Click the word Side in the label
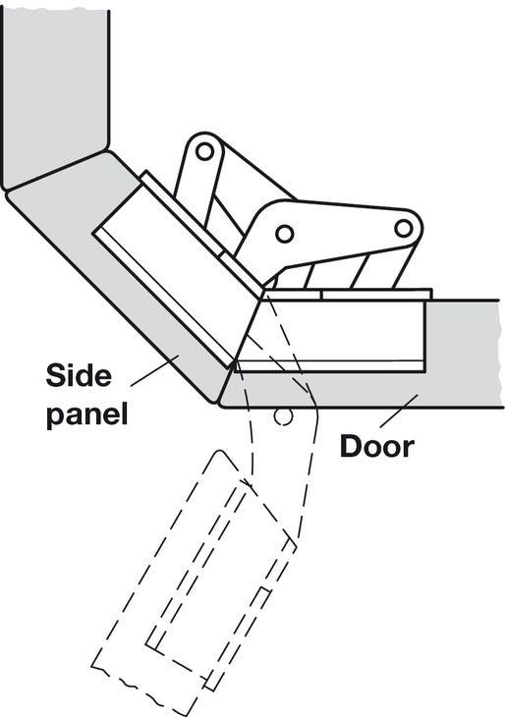[79, 375]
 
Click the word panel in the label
[86, 414]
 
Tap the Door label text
[377, 446]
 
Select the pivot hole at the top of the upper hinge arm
[205, 151]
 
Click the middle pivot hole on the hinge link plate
[285, 234]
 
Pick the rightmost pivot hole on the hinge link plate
[404, 228]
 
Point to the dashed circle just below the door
[283, 416]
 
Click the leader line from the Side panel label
[154, 372]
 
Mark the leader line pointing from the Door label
[399, 412]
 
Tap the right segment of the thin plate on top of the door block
[376, 295]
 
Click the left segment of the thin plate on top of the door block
[292, 295]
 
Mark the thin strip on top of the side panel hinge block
[201, 234]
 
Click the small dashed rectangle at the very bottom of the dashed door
[211, 682]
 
